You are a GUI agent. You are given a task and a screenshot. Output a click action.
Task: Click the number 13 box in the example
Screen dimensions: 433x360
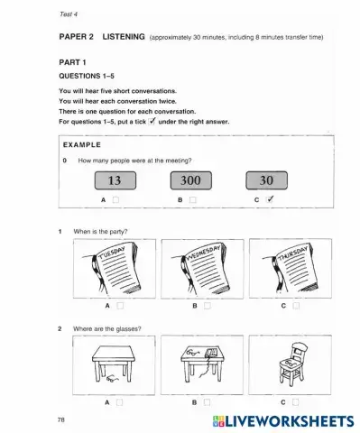(113, 180)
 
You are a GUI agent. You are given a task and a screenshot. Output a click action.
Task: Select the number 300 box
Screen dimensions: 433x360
(192, 180)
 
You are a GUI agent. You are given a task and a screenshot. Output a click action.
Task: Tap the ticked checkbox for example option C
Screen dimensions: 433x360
(271, 198)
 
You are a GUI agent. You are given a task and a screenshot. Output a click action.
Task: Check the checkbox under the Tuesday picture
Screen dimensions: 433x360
(116, 305)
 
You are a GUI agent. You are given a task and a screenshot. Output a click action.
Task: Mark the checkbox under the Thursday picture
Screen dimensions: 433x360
(295, 305)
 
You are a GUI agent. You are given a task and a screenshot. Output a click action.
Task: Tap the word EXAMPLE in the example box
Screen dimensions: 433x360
(82, 144)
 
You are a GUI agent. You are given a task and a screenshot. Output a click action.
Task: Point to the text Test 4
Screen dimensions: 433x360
(69, 14)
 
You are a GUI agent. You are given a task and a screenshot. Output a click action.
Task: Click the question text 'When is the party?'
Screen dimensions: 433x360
(100, 232)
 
